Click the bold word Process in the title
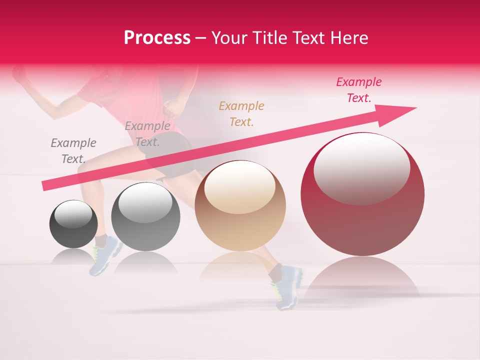click(x=157, y=38)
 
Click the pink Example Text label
click(x=359, y=90)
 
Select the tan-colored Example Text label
click(x=241, y=113)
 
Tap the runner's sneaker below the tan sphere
click(x=287, y=287)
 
